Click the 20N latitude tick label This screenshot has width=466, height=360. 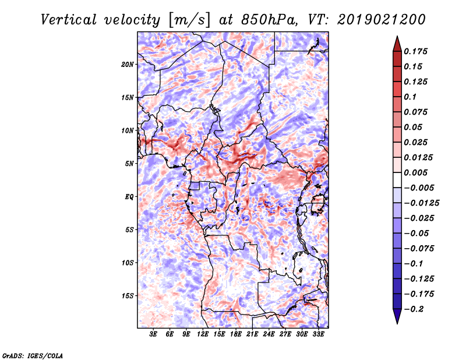point(128,65)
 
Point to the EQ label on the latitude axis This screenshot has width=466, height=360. point(129,197)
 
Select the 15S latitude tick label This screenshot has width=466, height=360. point(128,296)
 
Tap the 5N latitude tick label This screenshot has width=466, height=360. point(129,164)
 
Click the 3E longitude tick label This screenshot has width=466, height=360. point(153,334)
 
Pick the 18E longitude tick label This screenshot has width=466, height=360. point(236,334)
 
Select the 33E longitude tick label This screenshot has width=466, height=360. point(318,334)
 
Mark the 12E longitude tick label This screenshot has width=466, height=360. point(203,334)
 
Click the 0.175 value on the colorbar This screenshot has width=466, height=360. point(415,51)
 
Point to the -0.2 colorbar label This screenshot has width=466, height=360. point(414,309)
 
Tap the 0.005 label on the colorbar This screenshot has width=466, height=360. point(415,172)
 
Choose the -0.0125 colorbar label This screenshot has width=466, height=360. point(421,203)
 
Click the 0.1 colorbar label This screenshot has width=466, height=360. point(410,97)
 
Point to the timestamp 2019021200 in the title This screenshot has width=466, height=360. point(382,20)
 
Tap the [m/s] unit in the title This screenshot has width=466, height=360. point(189,20)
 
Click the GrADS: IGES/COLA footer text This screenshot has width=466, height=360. point(33,355)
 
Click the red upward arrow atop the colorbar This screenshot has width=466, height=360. point(397,44)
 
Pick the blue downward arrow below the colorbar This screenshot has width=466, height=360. point(397,316)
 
